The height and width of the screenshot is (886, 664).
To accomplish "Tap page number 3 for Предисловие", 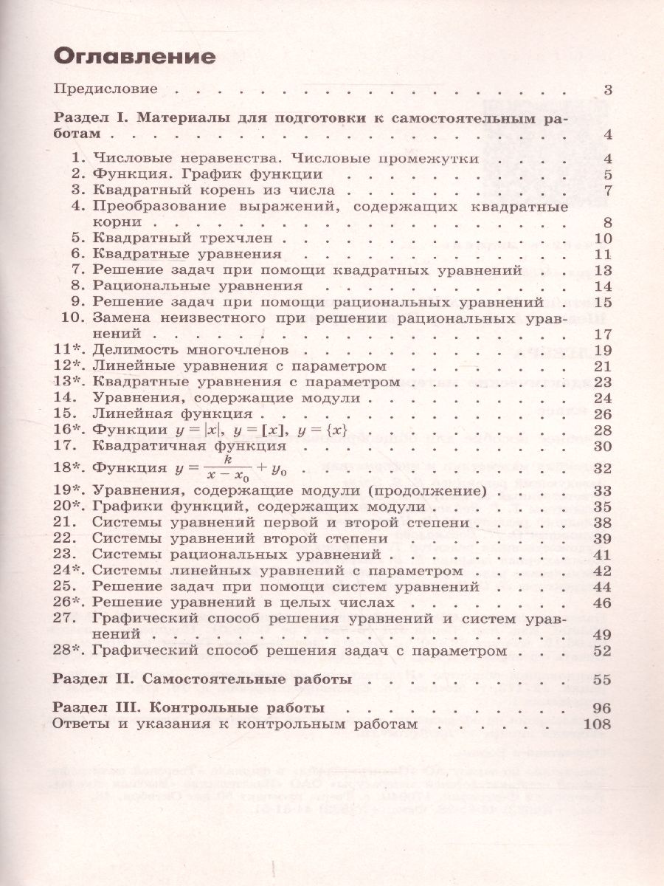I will point(607,91).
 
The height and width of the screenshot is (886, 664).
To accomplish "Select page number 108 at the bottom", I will point(597,724).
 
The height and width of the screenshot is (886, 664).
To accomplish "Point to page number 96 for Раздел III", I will point(602,708).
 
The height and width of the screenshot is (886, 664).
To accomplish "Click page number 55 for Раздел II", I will point(602,677).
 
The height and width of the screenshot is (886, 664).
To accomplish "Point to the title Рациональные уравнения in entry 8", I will point(198,286).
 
